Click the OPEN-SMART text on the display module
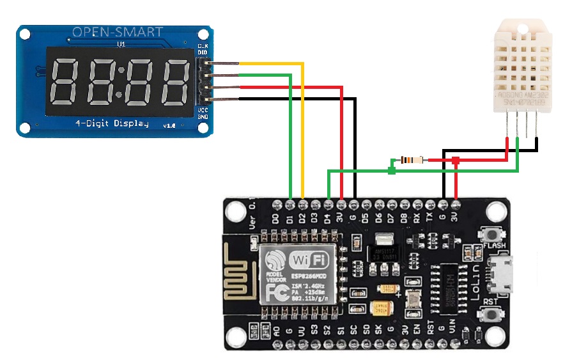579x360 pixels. click(x=117, y=32)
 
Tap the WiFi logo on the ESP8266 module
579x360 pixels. click(x=310, y=260)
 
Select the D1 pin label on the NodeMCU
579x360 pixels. click(x=289, y=219)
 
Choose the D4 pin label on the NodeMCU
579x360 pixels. click(x=328, y=219)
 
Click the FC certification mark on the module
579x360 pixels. click(x=275, y=290)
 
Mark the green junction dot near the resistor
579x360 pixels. click(x=392, y=170)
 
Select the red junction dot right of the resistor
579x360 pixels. click(x=456, y=159)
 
